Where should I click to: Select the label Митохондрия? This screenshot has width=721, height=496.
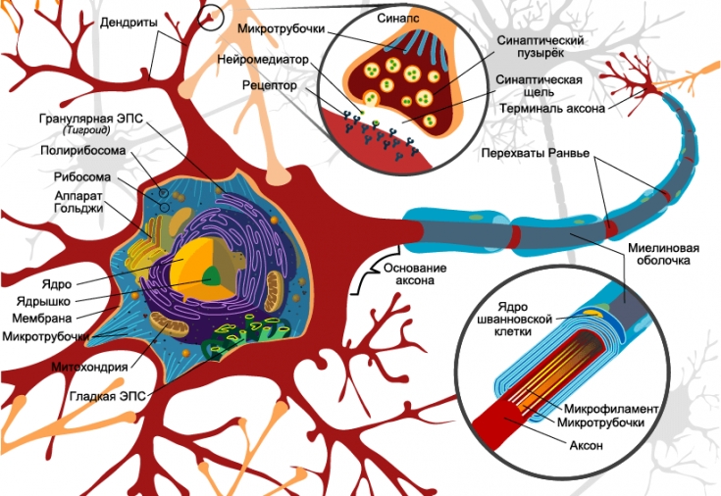(89, 368)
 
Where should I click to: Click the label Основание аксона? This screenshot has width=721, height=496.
(414, 275)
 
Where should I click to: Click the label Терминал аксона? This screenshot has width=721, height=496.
(549, 107)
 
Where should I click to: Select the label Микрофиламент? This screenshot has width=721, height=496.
(611, 407)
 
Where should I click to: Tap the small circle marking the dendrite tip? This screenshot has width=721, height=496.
(216, 17)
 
